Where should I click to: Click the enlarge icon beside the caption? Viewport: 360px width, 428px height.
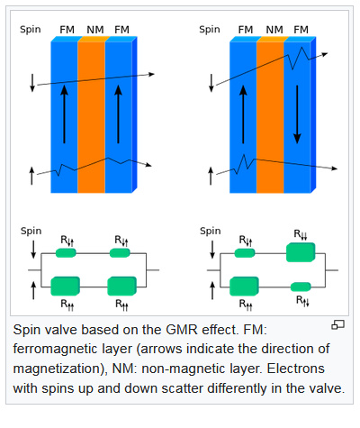point(337,324)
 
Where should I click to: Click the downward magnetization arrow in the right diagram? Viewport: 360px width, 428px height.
point(297,114)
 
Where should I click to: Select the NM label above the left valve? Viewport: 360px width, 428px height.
point(95,30)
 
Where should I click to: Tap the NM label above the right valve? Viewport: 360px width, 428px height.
point(274,30)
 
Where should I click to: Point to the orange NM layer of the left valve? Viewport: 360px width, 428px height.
point(92,114)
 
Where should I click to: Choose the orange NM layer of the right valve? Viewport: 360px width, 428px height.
point(270,114)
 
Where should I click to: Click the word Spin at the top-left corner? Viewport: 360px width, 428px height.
point(31,30)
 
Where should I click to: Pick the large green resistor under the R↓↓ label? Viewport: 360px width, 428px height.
point(301,252)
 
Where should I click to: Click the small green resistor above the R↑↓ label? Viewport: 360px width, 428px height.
point(301,287)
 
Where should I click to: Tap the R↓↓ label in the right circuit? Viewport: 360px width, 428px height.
point(301,234)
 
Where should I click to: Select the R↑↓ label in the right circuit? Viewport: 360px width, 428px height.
point(302,301)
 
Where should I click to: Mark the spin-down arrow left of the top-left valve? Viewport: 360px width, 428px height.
point(32,83)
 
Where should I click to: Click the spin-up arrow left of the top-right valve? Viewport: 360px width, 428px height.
point(211,176)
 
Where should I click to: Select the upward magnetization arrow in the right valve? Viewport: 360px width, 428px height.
point(243,114)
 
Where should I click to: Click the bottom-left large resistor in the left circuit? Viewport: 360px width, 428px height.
point(65,287)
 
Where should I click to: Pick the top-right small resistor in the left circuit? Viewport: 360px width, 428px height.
point(120,253)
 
